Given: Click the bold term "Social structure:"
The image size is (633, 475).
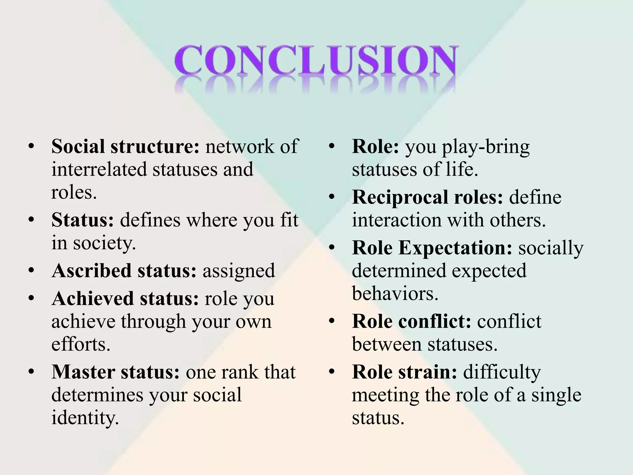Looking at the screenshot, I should [125, 146].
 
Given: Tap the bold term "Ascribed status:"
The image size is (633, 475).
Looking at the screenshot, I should [124, 271].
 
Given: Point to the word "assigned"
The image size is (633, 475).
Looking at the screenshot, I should [239, 271].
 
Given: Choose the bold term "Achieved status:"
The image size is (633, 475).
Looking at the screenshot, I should [125, 299].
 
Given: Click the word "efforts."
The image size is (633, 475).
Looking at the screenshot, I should [81, 344].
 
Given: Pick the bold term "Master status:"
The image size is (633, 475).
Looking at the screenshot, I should [115, 372].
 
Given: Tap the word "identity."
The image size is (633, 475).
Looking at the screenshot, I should [85, 418].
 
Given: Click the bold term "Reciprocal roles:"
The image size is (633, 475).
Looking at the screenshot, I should [427, 197].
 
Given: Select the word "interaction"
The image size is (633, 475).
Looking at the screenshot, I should [397, 220].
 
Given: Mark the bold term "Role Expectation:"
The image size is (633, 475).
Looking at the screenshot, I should [432, 248].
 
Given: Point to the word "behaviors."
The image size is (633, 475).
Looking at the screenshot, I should [395, 293].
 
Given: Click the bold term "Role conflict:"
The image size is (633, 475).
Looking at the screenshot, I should [411, 321].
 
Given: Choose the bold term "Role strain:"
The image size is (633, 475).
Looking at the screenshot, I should [404, 372].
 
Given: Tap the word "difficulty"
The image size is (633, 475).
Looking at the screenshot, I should [502, 372].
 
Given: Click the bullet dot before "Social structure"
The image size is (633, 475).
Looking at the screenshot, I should [31, 146].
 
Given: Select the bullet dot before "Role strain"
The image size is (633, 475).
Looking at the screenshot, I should [332, 372].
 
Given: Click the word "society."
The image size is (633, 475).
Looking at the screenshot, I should [104, 243].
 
